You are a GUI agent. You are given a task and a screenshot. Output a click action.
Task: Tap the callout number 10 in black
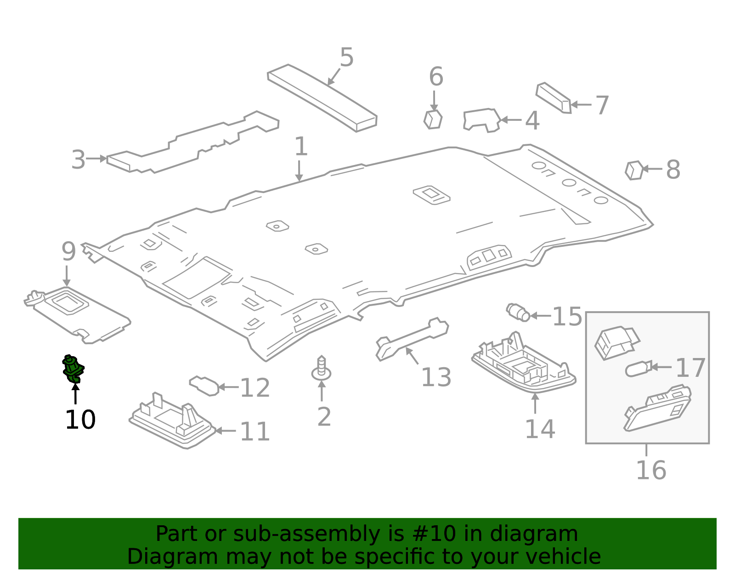click(80, 420)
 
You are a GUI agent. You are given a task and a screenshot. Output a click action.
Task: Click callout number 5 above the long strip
click(347, 58)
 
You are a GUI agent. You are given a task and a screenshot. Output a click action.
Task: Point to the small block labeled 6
click(433, 119)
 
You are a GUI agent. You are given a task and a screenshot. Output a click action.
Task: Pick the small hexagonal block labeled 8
click(634, 170)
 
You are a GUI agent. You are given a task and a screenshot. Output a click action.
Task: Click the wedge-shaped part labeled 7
click(553, 97)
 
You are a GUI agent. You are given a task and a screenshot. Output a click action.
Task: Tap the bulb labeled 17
click(638, 369)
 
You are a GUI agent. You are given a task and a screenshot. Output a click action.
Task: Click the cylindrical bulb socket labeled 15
click(518, 312)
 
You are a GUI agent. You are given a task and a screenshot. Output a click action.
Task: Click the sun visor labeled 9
click(78, 315)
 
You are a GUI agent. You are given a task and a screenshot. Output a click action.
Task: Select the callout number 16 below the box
click(651, 470)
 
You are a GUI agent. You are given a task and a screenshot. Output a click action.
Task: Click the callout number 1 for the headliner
click(300, 147)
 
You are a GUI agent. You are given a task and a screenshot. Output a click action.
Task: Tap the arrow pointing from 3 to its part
click(96, 159)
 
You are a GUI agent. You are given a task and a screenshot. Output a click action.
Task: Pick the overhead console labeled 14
click(524, 366)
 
